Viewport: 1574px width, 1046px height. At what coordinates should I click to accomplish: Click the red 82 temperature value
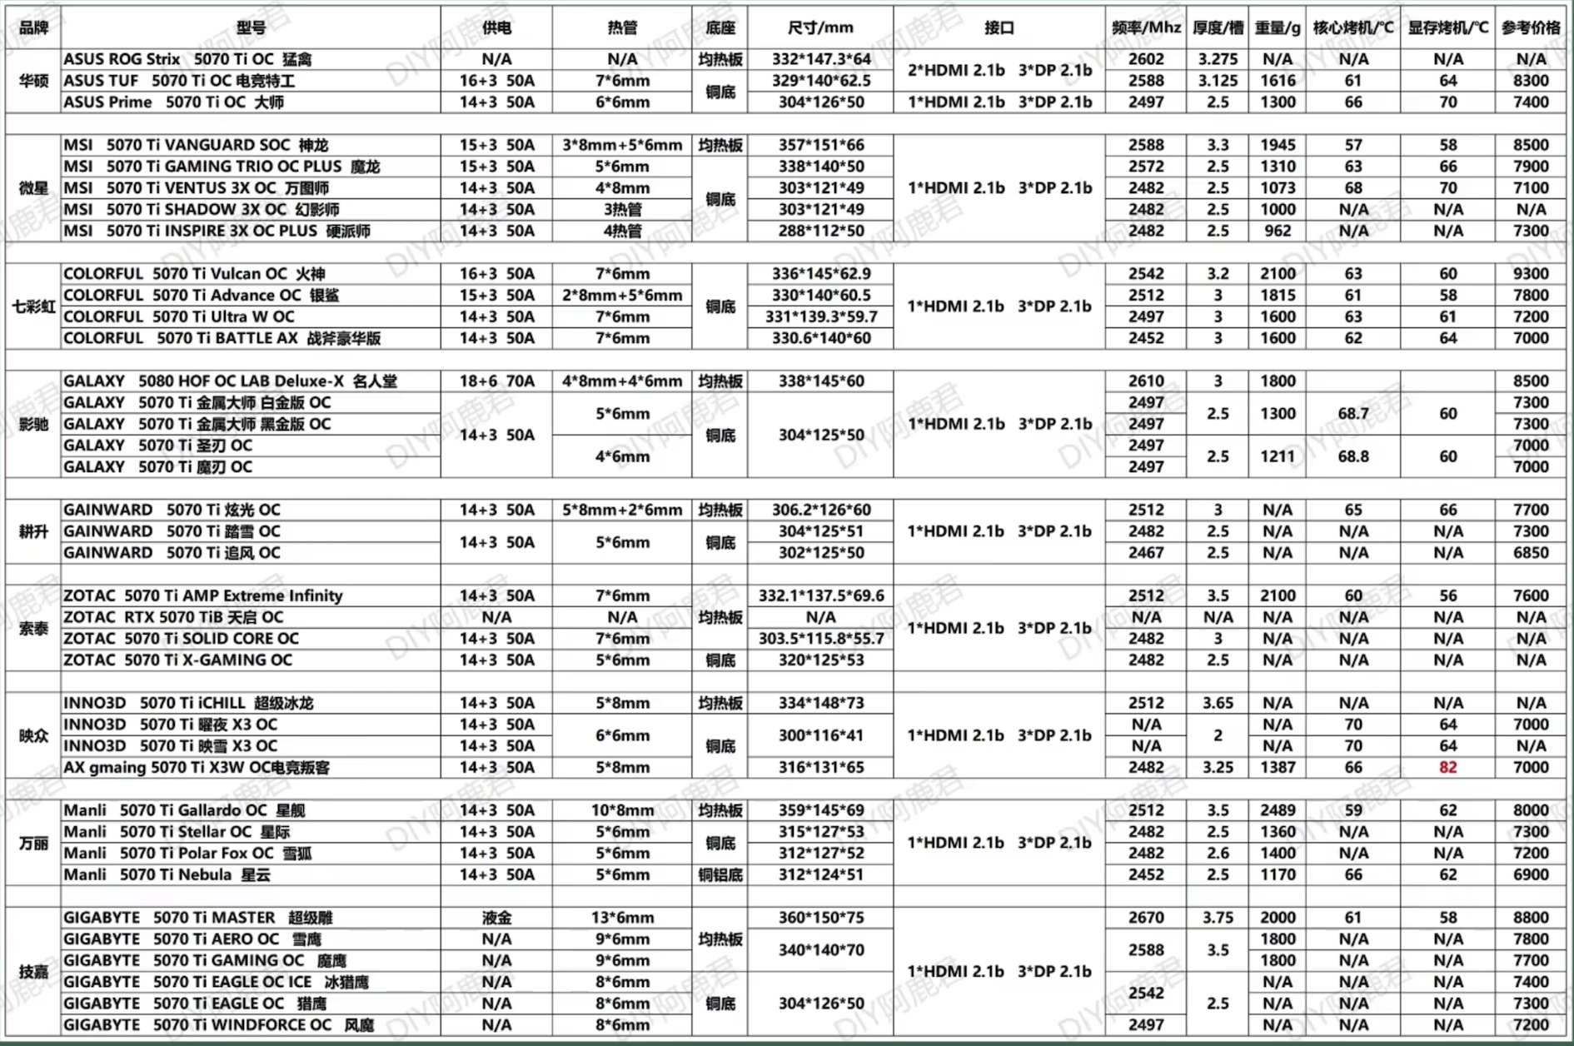pyautogui.click(x=1447, y=767)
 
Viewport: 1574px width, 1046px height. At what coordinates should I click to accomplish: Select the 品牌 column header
pyautogui.click(x=33, y=27)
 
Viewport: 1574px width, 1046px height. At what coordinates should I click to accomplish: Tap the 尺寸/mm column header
pyautogui.click(x=820, y=27)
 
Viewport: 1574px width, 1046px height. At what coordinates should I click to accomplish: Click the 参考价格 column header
pyautogui.click(x=1531, y=27)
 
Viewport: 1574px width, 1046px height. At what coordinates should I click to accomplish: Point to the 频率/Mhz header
pyautogui.click(x=1146, y=27)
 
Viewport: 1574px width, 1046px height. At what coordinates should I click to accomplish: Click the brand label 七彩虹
pyautogui.click(x=33, y=306)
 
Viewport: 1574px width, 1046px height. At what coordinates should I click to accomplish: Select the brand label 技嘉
pyautogui.click(x=33, y=972)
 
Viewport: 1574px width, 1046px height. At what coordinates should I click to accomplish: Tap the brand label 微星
pyautogui.click(x=33, y=188)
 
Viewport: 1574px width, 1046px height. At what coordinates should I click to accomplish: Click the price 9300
pyautogui.click(x=1531, y=274)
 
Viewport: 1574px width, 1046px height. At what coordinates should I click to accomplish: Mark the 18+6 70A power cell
pyautogui.click(x=496, y=381)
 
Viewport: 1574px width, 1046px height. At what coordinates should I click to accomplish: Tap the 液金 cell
pyautogui.click(x=496, y=918)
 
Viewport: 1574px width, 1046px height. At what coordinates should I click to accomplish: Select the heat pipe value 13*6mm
pyautogui.click(x=622, y=918)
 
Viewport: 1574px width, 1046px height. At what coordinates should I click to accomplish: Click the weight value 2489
pyautogui.click(x=1278, y=810)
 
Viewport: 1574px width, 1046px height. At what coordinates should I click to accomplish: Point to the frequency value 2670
pyautogui.click(x=1146, y=918)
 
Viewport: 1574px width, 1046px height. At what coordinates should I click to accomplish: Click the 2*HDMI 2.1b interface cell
pyautogui.click(x=999, y=70)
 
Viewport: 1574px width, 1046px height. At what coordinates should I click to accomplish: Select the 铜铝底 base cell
pyautogui.click(x=720, y=874)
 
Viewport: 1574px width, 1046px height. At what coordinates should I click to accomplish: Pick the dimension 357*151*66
pyautogui.click(x=820, y=145)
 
